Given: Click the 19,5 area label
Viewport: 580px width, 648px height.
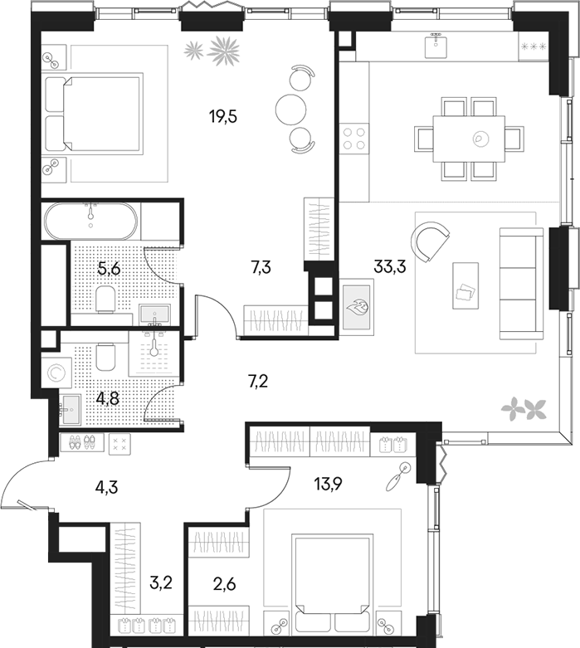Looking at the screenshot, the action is [223, 117].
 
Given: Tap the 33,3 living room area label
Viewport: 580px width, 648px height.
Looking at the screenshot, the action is [390, 267].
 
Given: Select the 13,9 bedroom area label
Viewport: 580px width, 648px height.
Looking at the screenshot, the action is [329, 483].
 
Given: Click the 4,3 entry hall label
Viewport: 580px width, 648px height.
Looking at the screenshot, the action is [107, 487].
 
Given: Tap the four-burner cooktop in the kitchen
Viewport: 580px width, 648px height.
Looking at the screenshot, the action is [354, 139].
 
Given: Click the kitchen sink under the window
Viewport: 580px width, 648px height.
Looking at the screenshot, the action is [436, 46].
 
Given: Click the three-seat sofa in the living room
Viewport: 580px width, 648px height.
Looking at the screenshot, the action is [521, 284].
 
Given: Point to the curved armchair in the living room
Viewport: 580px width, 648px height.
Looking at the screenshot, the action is [430, 241].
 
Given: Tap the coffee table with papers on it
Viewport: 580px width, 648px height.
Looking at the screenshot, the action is [465, 285].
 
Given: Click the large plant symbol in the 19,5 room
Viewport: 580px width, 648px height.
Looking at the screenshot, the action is [224, 51].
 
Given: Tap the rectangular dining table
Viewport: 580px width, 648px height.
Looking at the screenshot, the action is [469, 139].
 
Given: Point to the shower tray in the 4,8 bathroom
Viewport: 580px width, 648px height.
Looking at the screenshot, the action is [154, 353].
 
